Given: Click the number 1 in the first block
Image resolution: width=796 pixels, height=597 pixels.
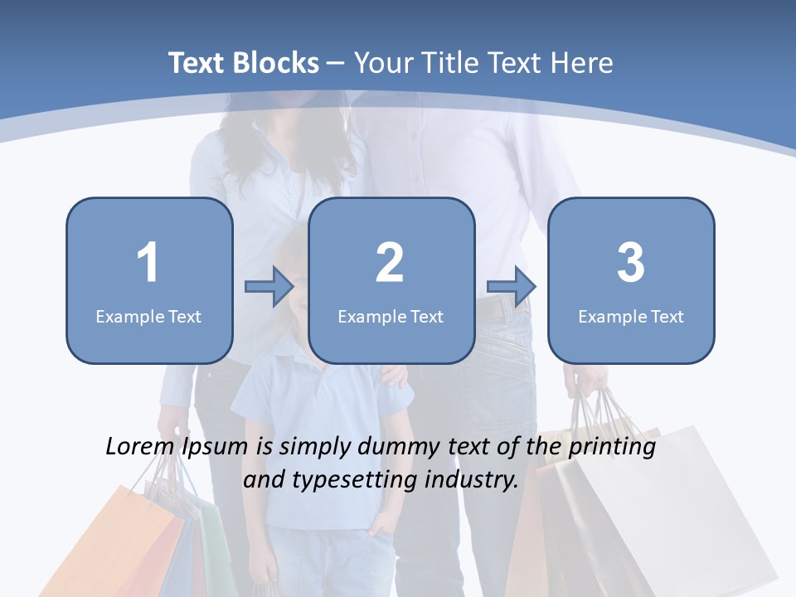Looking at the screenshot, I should tap(148, 263).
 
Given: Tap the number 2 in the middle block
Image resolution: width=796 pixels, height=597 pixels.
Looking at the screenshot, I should tap(390, 263).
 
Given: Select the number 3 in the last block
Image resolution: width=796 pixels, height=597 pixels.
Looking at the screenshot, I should tap(630, 263).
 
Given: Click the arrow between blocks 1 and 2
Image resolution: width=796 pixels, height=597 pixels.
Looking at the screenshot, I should tap(269, 287).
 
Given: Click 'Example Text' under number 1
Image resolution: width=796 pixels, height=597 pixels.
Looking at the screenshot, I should tap(148, 317).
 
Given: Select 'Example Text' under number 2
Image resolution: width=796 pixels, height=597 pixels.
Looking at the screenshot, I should tap(391, 317).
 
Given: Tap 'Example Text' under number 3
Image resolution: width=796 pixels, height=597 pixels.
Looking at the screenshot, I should tap(631, 317).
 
